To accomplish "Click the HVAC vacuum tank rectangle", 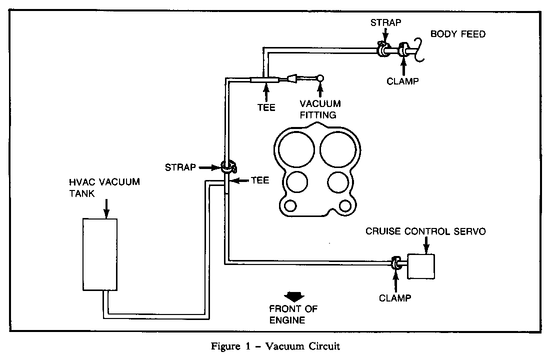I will point(100,254).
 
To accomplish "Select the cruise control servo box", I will point(421,266).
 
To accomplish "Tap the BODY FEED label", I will point(457,34).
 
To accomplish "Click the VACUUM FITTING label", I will point(320,109).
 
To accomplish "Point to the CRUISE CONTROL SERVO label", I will point(425,231).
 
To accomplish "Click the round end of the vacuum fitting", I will point(320,77).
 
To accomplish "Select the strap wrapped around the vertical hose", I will point(227,166).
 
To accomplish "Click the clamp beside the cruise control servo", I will point(395,263).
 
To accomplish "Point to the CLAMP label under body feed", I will point(402,81).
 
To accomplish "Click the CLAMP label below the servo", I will point(395,298).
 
